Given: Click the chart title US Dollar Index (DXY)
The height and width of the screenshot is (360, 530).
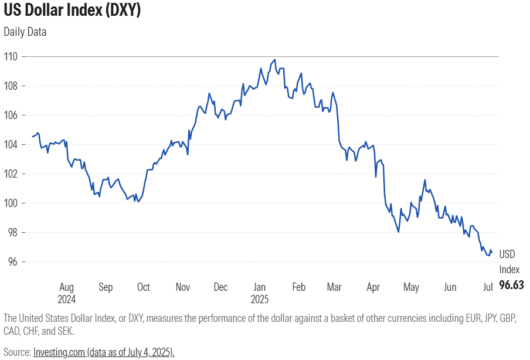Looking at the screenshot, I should click(72, 11).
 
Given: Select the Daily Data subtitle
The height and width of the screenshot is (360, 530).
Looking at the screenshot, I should click(25, 32).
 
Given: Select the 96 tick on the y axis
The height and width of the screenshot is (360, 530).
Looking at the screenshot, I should click(12, 262).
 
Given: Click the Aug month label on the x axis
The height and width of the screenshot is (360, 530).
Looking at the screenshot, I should click(66, 287).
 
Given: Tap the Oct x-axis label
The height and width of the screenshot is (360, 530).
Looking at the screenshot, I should click(143, 287).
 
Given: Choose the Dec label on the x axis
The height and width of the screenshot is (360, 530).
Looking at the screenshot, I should click(220, 287).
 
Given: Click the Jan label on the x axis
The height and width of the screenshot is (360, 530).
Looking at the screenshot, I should click(259, 287).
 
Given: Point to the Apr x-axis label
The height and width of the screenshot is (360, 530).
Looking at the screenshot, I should click(373, 287).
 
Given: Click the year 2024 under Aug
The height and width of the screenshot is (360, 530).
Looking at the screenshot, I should click(67, 299).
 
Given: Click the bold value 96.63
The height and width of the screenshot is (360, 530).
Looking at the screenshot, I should click(511, 285).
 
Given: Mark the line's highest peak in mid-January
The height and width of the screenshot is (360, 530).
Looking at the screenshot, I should click(274, 59).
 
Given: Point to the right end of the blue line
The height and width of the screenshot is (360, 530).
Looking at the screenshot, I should click(491, 253).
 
